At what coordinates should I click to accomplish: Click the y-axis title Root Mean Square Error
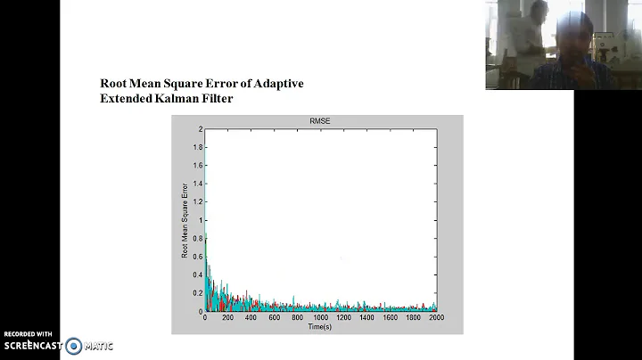185,221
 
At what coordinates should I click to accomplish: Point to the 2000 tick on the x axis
436,318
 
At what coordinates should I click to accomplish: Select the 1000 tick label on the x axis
321,318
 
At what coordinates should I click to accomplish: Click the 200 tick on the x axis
228,318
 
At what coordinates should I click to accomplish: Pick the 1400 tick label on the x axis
367,318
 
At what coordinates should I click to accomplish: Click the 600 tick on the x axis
275,318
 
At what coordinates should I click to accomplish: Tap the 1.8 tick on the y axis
199,147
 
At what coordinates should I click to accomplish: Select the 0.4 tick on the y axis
199,275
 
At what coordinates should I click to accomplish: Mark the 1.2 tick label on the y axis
199,202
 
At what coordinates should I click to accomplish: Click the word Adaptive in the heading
277,84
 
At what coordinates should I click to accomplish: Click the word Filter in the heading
218,99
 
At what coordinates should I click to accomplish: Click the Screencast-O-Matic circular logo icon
73,346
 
